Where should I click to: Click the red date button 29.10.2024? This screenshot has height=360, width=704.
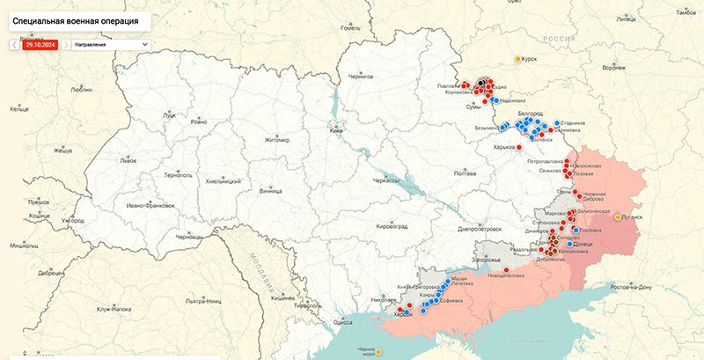point(40,43)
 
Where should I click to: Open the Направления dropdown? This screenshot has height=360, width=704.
point(111,43)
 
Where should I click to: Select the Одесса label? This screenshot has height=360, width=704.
point(343,323)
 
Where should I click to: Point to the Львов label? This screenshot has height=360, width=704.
point(128,162)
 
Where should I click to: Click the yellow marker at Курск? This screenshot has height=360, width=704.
point(517,59)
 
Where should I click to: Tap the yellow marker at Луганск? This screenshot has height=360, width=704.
point(618,217)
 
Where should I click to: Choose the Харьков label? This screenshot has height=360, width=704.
point(503,147)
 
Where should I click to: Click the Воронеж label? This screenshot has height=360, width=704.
point(612,68)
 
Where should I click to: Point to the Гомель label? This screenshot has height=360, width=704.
point(351,28)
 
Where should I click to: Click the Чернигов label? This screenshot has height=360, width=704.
point(361,77)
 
